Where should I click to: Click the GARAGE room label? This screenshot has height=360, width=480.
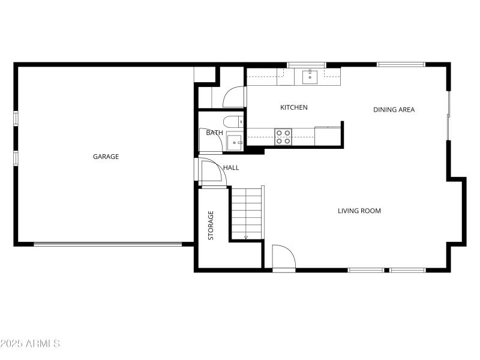[x=106, y=157]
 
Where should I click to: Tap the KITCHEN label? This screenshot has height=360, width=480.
[x=294, y=107]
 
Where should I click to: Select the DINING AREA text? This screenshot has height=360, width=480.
[x=394, y=109]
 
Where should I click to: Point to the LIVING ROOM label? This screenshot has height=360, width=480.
[x=359, y=211]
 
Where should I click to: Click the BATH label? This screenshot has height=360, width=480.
[x=214, y=133]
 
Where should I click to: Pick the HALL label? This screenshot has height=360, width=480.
[x=231, y=167]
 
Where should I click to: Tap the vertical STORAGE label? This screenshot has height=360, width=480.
[x=211, y=225]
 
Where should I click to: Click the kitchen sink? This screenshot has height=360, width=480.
[x=310, y=76]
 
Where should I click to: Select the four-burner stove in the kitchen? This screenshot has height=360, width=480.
[x=283, y=137]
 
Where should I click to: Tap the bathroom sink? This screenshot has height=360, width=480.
[x=234, y=143]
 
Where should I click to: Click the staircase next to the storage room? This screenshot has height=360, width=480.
[x=247, y=213]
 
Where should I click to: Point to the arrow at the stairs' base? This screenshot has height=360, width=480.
[x=246, y=238]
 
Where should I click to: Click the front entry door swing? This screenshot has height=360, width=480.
[x=283, y=258]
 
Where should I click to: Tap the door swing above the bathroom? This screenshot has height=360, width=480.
[x=234, y=97]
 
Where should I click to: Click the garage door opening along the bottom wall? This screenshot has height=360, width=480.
[x=107, y=244]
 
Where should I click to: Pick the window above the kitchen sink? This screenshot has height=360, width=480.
[x=307, y=65]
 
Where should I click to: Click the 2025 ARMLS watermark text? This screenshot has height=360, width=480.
[x=30, y=344]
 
